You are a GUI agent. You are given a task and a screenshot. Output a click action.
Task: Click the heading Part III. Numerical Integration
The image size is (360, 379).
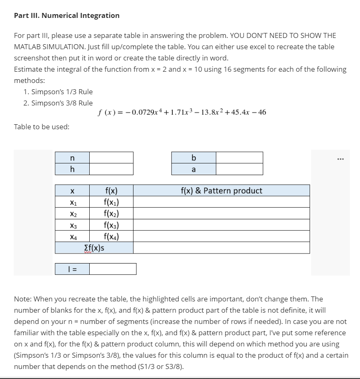coord(67,15)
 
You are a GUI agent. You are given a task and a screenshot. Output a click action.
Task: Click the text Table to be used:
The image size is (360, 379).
coord(42,126)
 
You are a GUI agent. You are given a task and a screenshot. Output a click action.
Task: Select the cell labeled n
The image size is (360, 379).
coord(73,158)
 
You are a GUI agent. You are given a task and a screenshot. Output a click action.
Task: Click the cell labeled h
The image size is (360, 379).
coord(73,169)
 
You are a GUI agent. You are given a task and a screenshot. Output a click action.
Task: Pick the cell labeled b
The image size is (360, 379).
coord(193,158)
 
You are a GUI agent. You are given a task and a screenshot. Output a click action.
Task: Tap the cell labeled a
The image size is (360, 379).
coord(193,169)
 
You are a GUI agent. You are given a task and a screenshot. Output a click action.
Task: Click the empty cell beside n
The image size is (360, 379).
coord(111,158)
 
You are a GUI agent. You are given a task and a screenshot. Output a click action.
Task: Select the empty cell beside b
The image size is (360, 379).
coord(239,158)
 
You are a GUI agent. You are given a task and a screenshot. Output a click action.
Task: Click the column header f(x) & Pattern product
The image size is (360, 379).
coord(222,191)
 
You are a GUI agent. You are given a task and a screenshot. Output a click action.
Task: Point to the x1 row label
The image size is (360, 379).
coord(73,203)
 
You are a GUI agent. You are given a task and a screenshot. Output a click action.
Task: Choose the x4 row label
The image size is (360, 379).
coord(73,237)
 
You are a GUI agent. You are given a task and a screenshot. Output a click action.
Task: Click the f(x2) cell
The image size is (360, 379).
coord(111,214)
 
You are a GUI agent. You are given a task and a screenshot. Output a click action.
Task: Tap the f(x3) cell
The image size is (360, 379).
coord(111,226)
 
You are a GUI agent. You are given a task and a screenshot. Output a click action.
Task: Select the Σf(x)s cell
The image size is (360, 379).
coord(94,248)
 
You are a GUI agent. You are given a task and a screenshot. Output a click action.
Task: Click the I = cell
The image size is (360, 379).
coord(73,269)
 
